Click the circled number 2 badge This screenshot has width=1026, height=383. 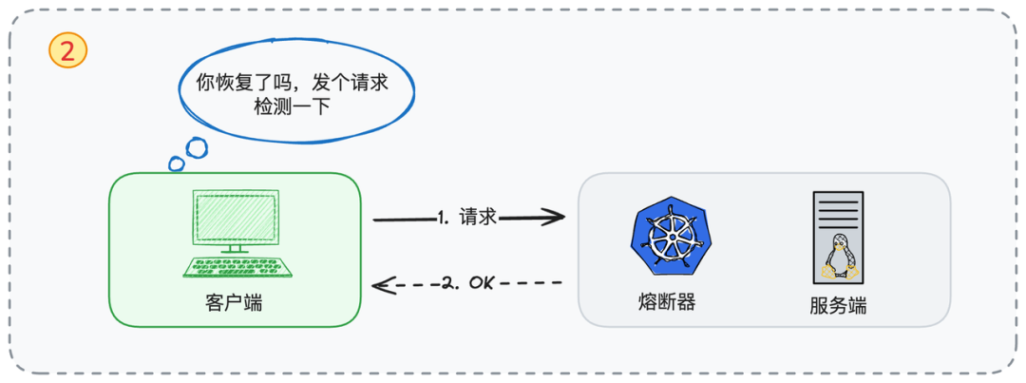(67, 51)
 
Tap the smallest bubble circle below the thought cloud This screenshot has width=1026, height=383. (176, 164)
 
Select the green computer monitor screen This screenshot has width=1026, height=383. (235, 218)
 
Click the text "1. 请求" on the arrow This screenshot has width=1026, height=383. (467, 218)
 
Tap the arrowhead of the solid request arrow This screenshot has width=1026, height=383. (556, 219)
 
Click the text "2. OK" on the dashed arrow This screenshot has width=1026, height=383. (469, 283)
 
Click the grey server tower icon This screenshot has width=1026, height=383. (837, 238)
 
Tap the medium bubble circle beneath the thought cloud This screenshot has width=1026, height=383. (196, 148)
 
